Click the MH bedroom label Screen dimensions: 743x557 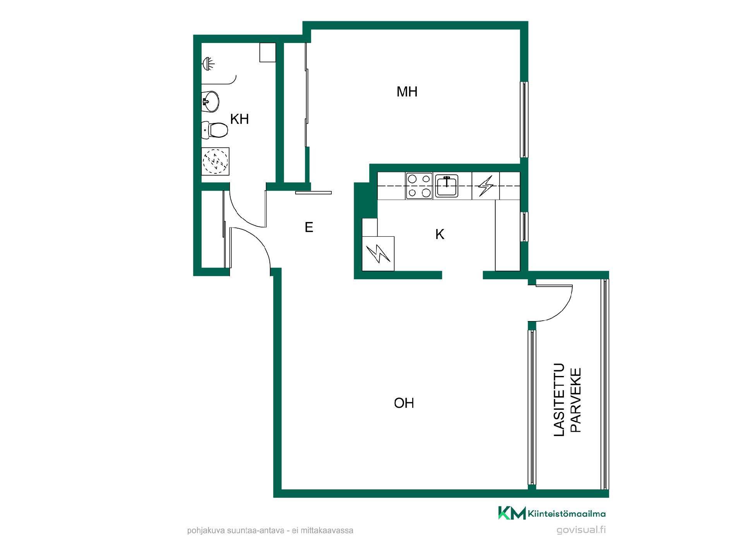407,92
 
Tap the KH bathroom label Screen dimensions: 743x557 239,119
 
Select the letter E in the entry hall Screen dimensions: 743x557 309,227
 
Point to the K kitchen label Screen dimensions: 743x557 440,234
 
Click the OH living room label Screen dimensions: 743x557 404,403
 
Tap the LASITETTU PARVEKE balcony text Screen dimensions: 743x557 568,400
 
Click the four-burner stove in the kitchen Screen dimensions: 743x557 419,186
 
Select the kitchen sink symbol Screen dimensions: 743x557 447,186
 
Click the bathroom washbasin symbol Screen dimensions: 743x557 211,102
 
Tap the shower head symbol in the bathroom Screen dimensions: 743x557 208,63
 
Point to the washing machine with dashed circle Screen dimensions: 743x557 216,161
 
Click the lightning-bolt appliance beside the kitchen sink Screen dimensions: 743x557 486,186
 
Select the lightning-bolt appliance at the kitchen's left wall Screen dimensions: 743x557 378,254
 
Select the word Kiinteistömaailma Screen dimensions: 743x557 567,514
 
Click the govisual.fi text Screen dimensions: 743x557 581,530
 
